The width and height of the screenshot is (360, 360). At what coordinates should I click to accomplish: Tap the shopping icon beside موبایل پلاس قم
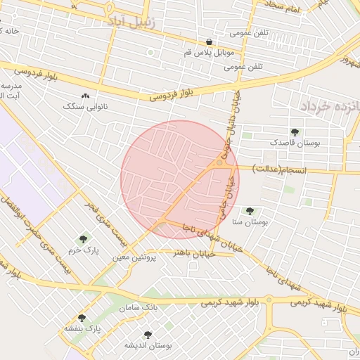(x=209, y=41)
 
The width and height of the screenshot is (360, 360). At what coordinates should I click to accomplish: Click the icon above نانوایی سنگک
(x=86, y=95)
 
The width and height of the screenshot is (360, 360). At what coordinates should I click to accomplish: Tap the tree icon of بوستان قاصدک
(x=294, y=131)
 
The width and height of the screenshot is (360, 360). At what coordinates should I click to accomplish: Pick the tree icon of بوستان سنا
(x=249, y=210)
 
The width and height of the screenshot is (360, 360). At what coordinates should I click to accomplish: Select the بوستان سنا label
(x=247, y=221)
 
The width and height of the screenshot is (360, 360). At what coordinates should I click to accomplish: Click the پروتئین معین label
(x=134, y=258)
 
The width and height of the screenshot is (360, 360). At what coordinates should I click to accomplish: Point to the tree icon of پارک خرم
(x=84, y=239)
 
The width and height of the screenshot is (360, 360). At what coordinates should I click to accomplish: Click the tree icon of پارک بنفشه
(x=82, y=318)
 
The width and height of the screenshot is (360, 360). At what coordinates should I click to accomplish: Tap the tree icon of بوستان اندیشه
(x=148, y=335)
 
